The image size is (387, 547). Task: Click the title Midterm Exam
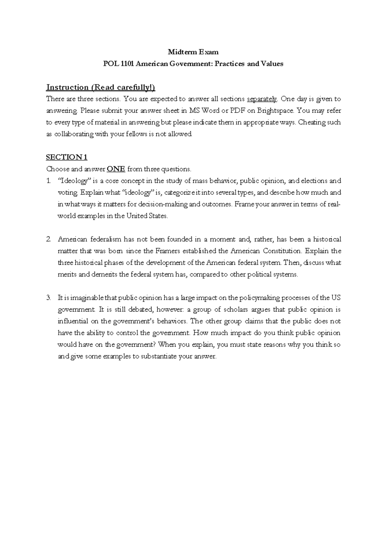[x=193, y=52]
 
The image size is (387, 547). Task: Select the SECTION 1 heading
[x=67, y=157]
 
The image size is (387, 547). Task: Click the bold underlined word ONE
[x=116, y=169]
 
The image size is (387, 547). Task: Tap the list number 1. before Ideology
[x=49, y=181]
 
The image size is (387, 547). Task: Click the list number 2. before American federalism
[x=49, y=239]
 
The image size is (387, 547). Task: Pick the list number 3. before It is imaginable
[x=49, y=298]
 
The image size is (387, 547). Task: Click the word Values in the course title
[x=272, y=64]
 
